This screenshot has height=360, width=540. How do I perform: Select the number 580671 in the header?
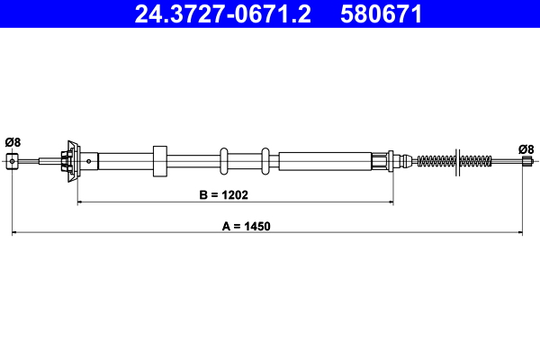click(381, 14)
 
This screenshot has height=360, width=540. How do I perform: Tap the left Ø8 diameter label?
click(13, 140)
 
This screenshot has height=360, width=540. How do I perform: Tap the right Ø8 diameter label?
click(526, 148)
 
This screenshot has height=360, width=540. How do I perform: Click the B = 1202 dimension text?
click(222, 193)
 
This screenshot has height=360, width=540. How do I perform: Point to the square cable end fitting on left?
click(13, 161)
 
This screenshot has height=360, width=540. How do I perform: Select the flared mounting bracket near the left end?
click(70, 161)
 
